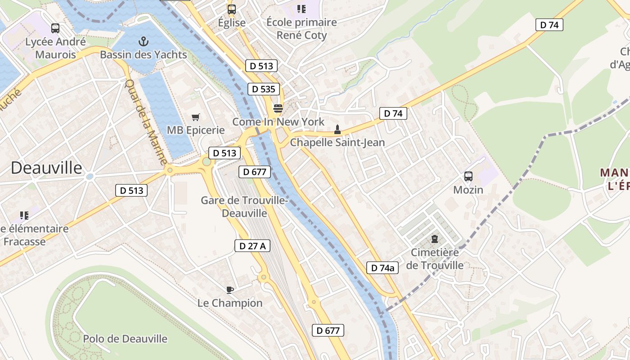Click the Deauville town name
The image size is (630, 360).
[46, 168]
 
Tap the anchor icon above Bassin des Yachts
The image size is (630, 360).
[143, 42]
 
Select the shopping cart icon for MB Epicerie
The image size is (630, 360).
[195, 117]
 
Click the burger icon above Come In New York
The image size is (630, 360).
[278, 108]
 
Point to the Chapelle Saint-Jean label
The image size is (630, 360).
[337, 143]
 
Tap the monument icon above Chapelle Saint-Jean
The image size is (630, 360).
[337, 130]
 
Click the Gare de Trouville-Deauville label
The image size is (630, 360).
[244, 207]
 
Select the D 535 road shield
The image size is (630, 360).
[263, 89]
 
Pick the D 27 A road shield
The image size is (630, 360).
[252, 246]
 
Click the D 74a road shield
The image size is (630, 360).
[382, 268]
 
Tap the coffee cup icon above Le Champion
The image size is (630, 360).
[230, 290]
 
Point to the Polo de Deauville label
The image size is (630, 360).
[125, 339]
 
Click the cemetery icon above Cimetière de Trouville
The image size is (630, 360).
[435, 239]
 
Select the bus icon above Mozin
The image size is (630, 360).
[468, 176]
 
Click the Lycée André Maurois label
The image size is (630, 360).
[55, 48]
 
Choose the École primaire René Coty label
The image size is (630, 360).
[301, 28]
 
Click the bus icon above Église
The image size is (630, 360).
[232, 9]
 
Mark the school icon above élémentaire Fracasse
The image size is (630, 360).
[24, 216]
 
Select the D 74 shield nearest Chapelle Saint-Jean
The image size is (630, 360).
[393, 113]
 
